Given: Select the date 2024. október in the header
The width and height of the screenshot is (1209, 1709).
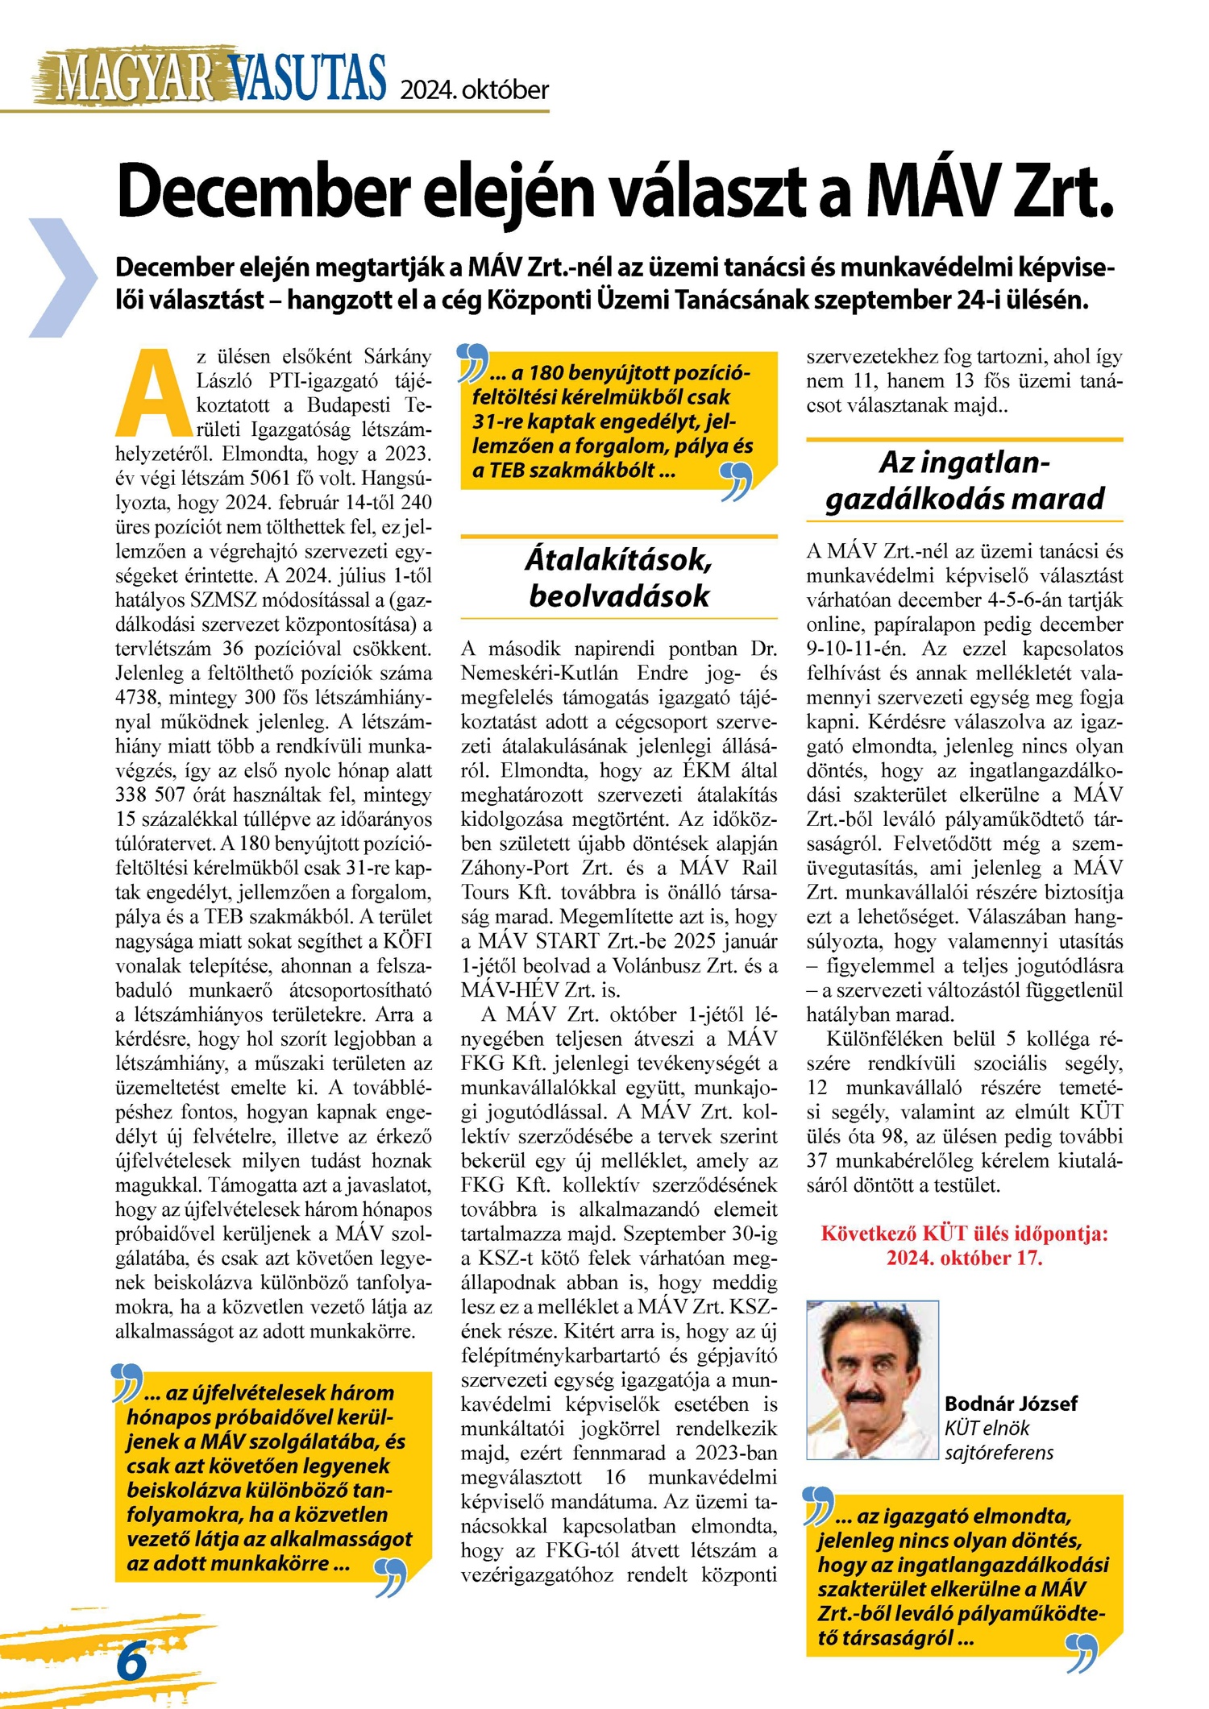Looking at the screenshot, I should [x=475, y=89].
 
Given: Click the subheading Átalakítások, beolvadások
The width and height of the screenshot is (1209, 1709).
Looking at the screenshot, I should [x=618, y=578].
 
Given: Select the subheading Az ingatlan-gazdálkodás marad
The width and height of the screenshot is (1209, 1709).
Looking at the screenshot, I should [x=964, y=481].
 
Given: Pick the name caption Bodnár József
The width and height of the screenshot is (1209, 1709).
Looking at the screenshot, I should [x=1011, y=1403].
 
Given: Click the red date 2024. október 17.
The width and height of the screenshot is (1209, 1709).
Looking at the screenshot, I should [x=964, y=1258].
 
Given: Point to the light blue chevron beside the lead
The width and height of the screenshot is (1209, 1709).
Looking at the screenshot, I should [x=63, y=277].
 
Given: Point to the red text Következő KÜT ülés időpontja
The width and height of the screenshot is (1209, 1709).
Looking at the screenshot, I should [x=964, y=1234].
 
